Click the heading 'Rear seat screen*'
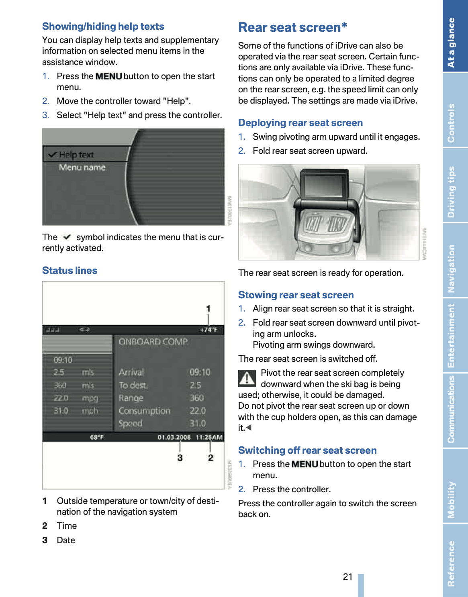292,27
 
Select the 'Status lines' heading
69,271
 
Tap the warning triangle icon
247,378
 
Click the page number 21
347,577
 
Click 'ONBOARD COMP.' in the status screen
153,342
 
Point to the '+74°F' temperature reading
208,330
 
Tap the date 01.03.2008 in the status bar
174,437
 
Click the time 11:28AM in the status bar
209,437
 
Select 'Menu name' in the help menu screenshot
82,167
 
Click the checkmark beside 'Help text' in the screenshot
52,155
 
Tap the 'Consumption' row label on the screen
144,411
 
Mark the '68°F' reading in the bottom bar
96,437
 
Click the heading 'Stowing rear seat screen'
296,295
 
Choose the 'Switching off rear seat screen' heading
307,450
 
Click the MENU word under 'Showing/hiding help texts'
108,76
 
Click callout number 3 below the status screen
180,458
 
